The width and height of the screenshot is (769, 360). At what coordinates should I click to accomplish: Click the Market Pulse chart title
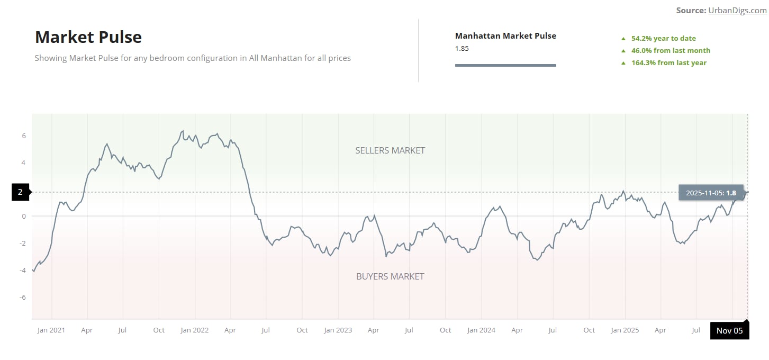click(x=88, y=37)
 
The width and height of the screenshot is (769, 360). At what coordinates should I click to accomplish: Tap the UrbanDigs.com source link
click(x=737, y=11)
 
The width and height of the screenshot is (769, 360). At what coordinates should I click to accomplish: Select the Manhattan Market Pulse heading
click(x=505, y=36)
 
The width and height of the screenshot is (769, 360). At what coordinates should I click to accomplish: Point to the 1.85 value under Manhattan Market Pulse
click(x=462, y=48)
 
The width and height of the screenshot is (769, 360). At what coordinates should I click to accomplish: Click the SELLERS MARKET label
click(x=390, y=150)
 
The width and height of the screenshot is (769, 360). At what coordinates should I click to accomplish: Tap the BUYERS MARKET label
click(x=390, y=276)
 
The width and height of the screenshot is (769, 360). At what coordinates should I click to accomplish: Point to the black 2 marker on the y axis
click(x=21, y=192)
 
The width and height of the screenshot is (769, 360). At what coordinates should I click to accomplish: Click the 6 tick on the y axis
click(x=24, y=136)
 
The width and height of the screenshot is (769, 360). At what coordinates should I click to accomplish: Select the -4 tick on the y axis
click(x=22, y=271)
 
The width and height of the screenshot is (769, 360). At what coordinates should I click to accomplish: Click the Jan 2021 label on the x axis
click(x=51, y=330)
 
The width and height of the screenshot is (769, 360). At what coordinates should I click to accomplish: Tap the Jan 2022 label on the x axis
click(x=195, y=330)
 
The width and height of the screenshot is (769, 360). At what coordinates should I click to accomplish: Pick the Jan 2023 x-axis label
click(x=338, y=330)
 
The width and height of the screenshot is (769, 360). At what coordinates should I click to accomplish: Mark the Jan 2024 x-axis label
click(x=481, y=330)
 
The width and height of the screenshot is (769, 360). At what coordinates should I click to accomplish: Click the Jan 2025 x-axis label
click(x=625, y=330)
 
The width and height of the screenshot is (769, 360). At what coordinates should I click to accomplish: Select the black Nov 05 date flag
click(x=729, y=331)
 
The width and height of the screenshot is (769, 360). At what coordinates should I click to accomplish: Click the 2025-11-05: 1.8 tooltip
click(x=710, y=193)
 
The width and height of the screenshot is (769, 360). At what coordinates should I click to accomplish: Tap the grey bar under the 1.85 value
click(x=505, y=65)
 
